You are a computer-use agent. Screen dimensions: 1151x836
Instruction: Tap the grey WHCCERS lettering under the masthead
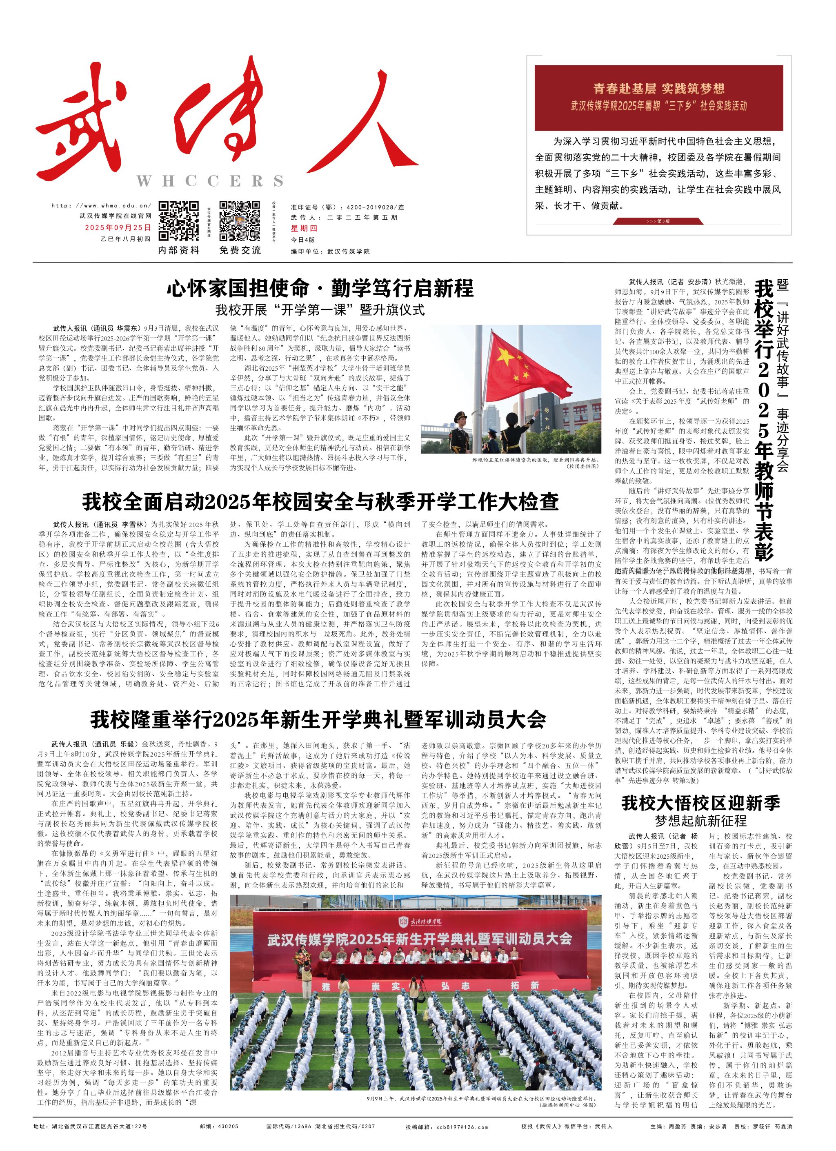(x=209, y=181)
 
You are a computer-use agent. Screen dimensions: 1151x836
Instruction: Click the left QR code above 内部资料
(x=178, y=221)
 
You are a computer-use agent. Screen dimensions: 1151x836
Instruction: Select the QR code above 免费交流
(x=240, y=221)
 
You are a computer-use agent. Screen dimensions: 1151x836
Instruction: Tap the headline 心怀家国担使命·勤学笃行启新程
(x=320, y=288)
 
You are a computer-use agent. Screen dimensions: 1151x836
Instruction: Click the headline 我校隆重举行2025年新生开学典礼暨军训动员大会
(x=318, y=719)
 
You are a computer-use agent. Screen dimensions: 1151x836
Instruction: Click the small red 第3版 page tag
(x=658, y=221)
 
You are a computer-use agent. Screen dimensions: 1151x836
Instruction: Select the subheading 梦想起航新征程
(x=700, y=821)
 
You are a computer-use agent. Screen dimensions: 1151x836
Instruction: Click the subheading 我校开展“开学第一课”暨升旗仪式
(x=320, y=309)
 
